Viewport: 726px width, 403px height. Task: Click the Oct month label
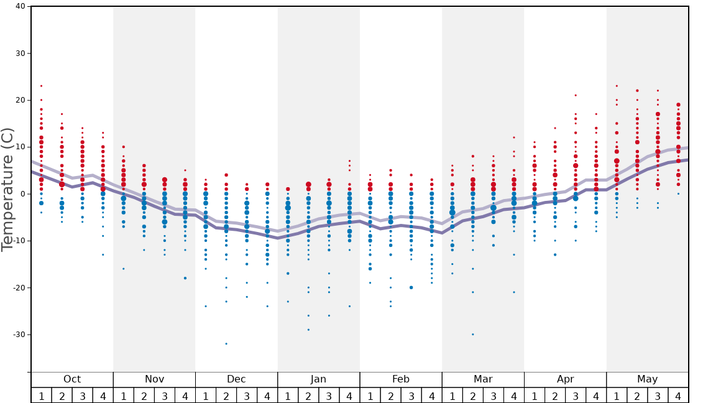(72, 379)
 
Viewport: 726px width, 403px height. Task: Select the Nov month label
(154, 379)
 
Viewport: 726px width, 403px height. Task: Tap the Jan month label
(318, 379)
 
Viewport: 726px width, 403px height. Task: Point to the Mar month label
(483, 379)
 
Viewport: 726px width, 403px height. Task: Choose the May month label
(647, 379)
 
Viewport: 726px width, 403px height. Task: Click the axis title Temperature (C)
(7, 189)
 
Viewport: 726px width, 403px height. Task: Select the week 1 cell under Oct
(41, 396)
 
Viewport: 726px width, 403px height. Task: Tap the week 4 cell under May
(678, 396)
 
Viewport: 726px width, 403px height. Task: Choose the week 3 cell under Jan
(329, 396)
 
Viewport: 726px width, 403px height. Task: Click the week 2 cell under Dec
(226, 396)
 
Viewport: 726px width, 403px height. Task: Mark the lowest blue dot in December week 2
(226, 344)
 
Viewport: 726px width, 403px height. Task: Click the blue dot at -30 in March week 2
(473, 335)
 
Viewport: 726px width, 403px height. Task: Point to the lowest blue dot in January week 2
(308, 330)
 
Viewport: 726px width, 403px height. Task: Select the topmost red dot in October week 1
(41, 86)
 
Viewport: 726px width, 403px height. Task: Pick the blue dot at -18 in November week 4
(185, 278)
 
